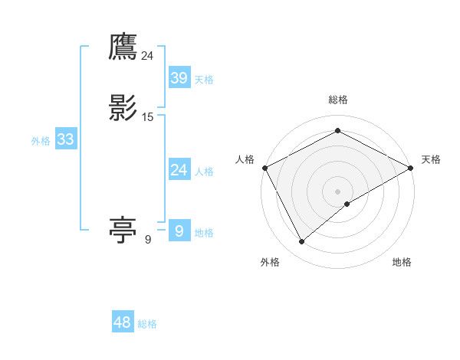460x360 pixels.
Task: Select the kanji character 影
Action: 123,107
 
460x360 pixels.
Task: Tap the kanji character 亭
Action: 123,230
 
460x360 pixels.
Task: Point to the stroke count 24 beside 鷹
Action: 147,55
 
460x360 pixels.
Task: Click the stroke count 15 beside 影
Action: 148,116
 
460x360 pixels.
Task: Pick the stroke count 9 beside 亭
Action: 148,240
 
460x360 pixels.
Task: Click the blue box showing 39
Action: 179,77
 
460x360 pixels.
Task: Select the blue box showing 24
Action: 179,170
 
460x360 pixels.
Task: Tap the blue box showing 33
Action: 65,139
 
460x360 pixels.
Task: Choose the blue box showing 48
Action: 123,322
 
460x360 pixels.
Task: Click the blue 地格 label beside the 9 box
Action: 204,233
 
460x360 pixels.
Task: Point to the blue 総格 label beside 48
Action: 147,324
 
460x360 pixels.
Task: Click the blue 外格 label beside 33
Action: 41,141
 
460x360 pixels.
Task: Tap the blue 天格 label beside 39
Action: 204,79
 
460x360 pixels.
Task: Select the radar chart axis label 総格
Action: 338,100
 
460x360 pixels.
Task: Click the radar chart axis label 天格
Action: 431,159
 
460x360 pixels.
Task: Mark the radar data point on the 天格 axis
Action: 411,167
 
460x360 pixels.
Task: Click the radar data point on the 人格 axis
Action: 264,167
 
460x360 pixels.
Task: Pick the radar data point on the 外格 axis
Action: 302,242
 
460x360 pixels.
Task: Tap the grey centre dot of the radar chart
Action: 338,191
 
